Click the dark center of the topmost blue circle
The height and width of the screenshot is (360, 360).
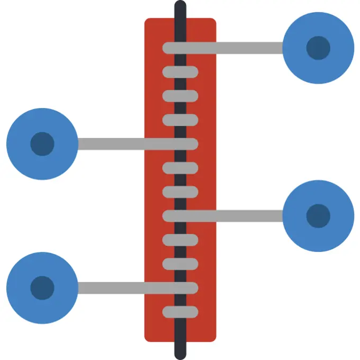click(318, 48)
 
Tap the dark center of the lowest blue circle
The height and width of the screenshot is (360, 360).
click(42, 287)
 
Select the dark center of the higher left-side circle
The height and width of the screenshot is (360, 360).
click(42, 143)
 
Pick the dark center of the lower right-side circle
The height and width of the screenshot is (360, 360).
click(318, 215)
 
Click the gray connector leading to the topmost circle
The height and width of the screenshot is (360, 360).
click(238, 48)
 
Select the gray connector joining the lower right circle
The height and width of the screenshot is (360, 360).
click(238, 215)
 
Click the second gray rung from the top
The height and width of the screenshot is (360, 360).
click(180, 72)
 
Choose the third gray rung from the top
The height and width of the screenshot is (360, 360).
click(180, 96)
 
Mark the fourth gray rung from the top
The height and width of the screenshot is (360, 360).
click(180, 120)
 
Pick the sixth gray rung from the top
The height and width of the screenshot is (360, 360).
click(180, 168)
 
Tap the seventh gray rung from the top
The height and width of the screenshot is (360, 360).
click(180, 192)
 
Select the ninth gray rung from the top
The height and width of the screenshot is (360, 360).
click(180, 240)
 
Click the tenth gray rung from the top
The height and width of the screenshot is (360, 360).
click(180, 264)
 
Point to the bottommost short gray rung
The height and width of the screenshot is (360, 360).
click(180, 312)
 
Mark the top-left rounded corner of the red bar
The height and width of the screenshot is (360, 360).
click(148, 22)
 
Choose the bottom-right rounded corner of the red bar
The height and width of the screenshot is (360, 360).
click(213, 338)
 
